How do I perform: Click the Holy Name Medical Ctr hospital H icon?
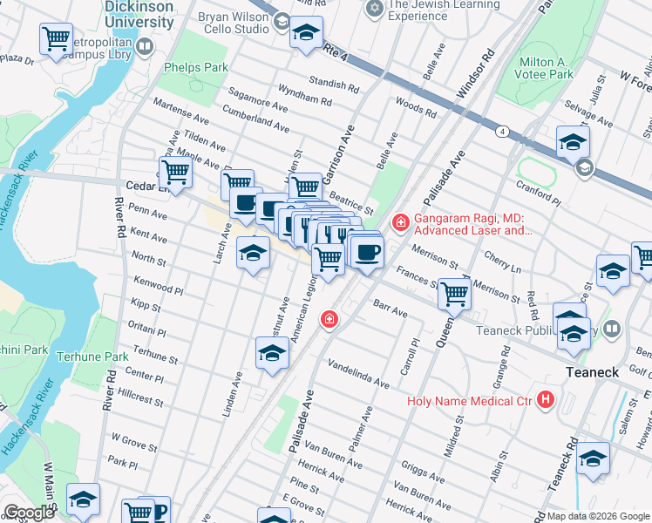[x=547, y=401]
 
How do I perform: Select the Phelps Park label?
[x=195, y=67]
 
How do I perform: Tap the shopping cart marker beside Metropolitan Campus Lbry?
[x=56, y=39]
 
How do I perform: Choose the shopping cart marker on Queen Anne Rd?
[x=454, y=294]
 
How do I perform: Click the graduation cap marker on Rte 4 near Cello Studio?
[x=306, y=33]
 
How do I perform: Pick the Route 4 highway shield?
[x=503, y=132]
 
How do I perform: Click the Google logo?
[x=29, y=512]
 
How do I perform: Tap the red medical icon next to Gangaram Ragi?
[x=400, y=224]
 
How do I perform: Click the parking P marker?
[x=160, y=510]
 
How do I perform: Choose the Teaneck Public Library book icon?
[x=612, y=329]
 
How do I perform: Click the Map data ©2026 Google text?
[x=598, y=516]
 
